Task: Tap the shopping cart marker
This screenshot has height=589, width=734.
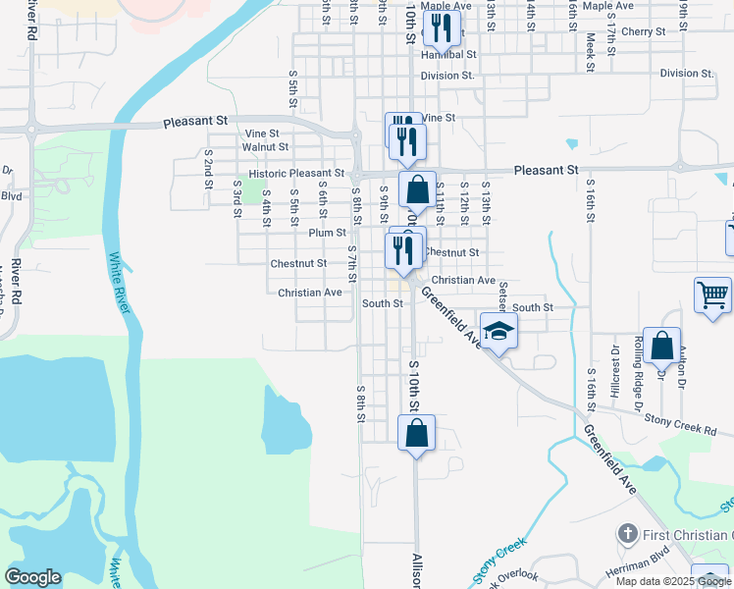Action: point(712,295)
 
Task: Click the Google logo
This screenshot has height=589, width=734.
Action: point(32,577)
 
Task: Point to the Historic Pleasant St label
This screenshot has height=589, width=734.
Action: point(296,173)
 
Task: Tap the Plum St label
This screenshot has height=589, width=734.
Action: point(328,233)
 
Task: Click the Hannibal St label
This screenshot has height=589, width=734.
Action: point(449,56)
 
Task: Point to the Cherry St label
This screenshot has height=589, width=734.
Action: point(644,32)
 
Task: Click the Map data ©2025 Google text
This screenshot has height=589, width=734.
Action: point(674,581)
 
